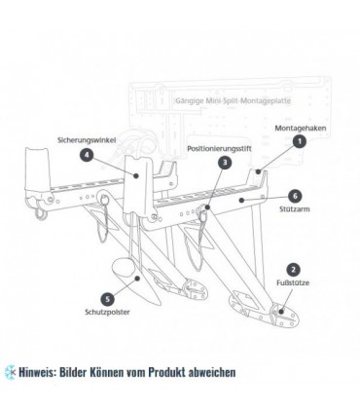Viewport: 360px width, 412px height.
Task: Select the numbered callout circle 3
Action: click(225, 163)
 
